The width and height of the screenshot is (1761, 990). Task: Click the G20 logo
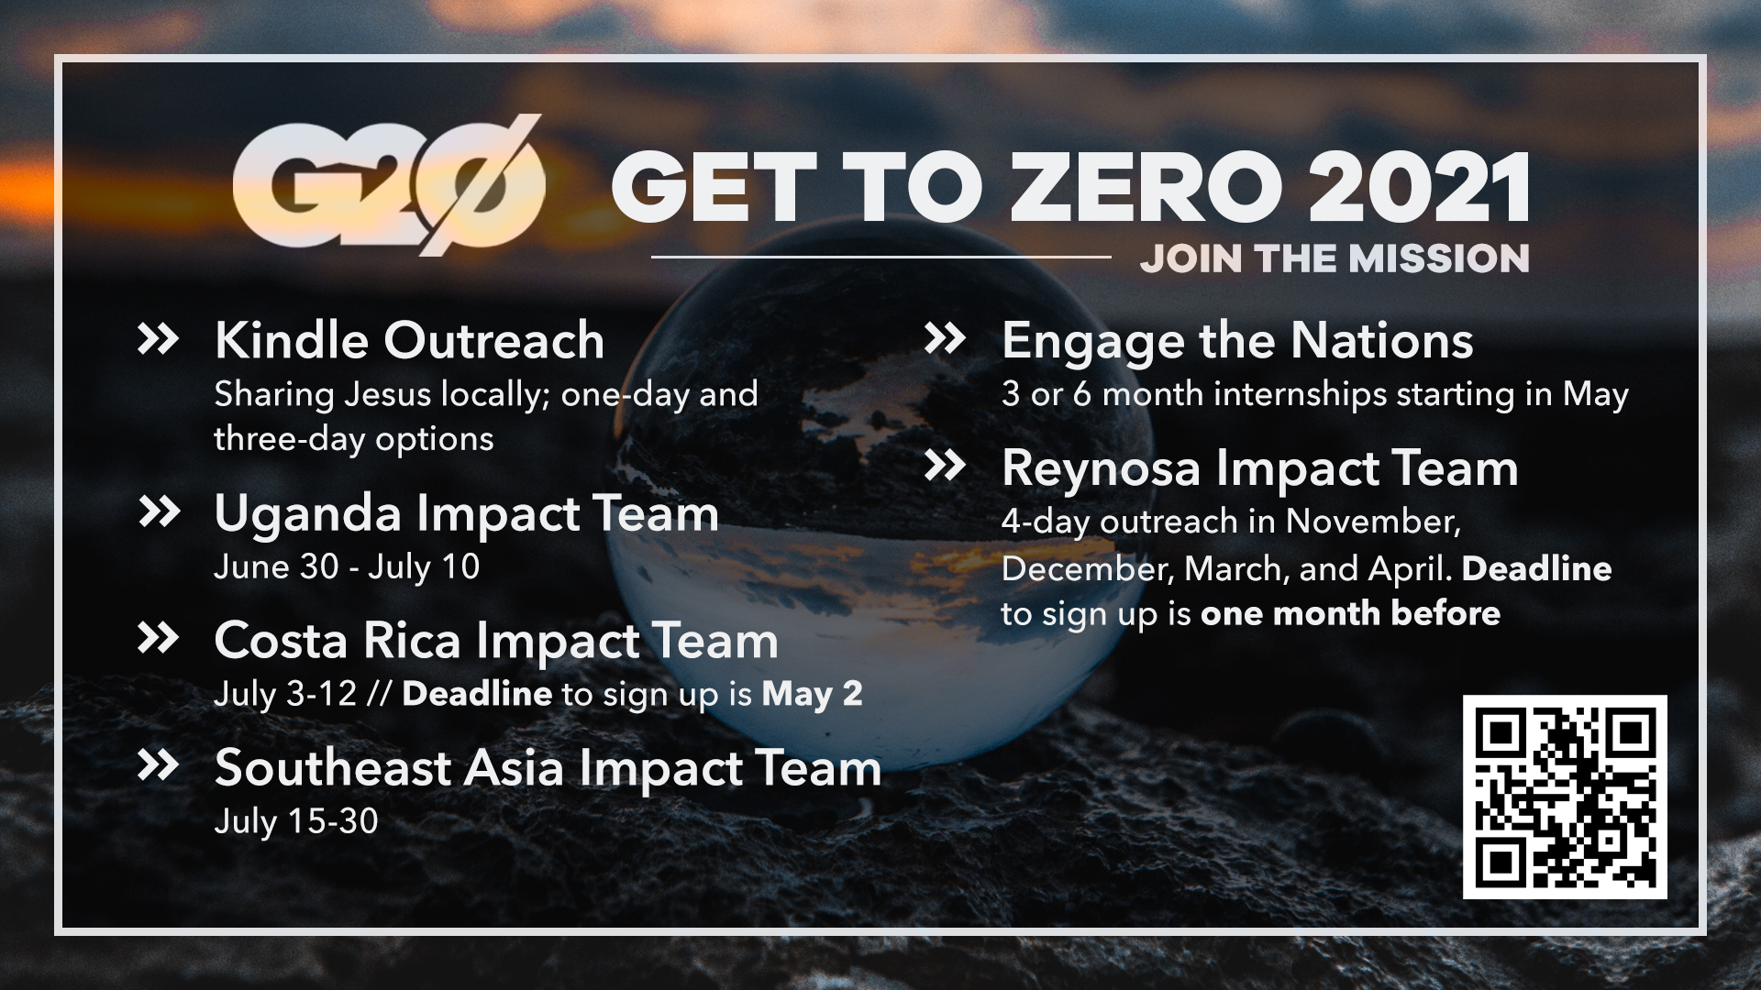click(x=389, y=186)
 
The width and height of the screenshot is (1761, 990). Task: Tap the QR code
click(x=1565, y=797)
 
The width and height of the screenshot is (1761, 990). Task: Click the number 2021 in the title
click(x=1420, y=188)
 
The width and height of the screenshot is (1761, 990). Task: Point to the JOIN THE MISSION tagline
click(x=1335, y=258)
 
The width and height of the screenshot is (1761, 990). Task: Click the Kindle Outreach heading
click(x=409, y=340)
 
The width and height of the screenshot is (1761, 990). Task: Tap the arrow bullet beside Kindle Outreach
click(x=158, y=339)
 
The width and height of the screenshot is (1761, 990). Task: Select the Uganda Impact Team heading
click(x=466, y=513)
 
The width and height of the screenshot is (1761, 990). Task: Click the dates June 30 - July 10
click(x=347, y=566)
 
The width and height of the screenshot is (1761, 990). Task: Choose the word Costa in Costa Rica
click(x=282, y=640)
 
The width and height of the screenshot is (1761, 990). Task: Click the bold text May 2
click(x=812, y=694)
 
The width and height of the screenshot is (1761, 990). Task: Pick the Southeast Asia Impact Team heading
click(x=548, y=767)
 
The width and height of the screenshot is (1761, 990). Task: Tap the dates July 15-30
click(x=296, y=821)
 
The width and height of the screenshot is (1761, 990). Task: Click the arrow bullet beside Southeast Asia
click(x=158, y=765)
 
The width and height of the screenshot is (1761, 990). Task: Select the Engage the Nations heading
click(x=1237, y=342)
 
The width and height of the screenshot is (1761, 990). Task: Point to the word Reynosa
click(x=1101, y=468)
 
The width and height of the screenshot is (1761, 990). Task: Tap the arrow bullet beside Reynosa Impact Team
click(x=945, y=466)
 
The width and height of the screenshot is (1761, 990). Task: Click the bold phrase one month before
click(x=1350, y=613)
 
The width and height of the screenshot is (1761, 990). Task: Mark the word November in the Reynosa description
click(x=1373, y=522)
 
